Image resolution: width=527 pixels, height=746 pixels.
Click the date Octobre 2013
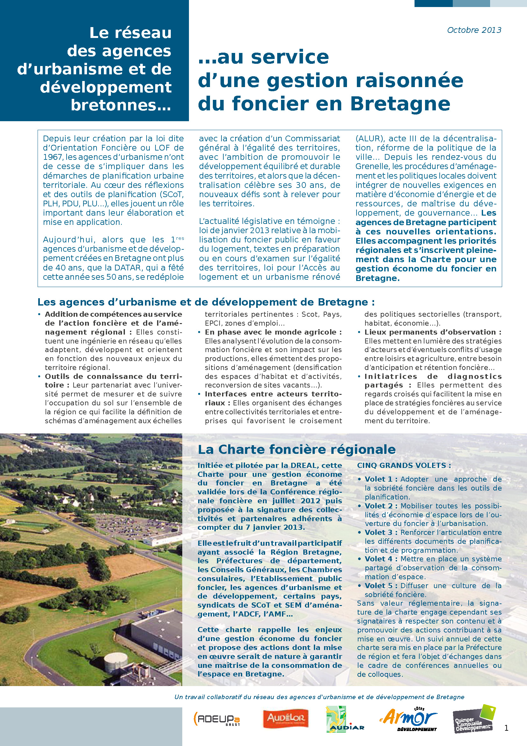pos(474,30)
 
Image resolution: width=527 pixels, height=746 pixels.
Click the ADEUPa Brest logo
pos(216,719)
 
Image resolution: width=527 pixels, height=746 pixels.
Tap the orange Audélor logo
pos(285,718)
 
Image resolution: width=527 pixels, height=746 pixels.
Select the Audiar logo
pos(345,719)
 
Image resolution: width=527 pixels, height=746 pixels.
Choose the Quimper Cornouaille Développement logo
pos(474,719)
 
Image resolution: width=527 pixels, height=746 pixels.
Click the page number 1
pos(506,728)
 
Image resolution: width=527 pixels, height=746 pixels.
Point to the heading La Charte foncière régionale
pos(297,450)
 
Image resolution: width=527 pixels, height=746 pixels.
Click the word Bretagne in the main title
pos(400,104)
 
